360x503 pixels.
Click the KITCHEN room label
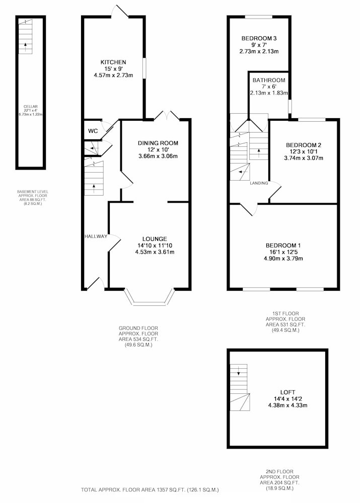pyautogui.click(x=113, y=62)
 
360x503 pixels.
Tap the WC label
pyautogui.click(x=93, y=131)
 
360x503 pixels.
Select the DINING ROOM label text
pyautogui.click(x=158, y=143)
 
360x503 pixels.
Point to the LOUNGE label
pyautogui.click(x=155, y=239)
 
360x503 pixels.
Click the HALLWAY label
pyautogui.click(x=96, y=236)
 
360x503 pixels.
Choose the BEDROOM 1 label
pyautogui.click(x=282, y=246)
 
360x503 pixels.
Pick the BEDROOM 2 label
pyautogui.click(x=304, y=145)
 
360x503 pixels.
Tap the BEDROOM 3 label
pyautogui.click(x=259, y=39)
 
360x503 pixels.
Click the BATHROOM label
pyautogui.click(x=269, y=80)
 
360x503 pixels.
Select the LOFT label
pyautogui.click(x=287, y=392)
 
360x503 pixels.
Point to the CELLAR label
pyautogui.click(x=31, y=107)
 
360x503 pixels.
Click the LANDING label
pyautogui.click(x=259, y=183)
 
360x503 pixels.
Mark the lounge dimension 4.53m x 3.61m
pyautogui.click(x=155, y=252)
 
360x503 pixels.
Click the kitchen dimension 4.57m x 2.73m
pyautogui.click(x=113, y=75)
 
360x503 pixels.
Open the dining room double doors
pyautogui.click(x=167, y=116)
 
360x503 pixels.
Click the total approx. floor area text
pyautogui.click(x=150, y=490)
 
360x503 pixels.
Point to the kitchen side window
pyautogui.click(x=144, y=68)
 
